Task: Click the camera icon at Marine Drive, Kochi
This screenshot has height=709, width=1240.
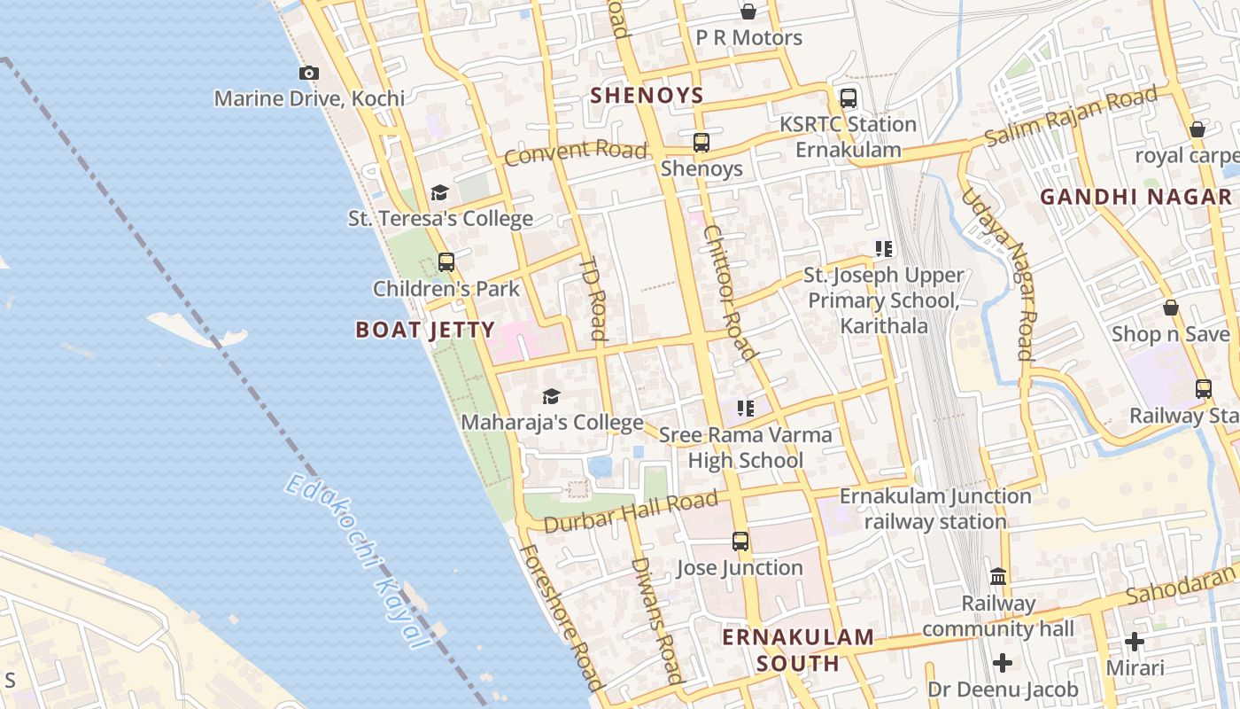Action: (x=308, y=74)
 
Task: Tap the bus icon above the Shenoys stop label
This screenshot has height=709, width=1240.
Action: (x=701, y=142)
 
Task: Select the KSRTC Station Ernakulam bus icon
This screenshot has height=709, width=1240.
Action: (x=848, y=98)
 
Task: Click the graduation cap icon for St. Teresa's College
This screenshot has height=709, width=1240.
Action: (x=439, y=193)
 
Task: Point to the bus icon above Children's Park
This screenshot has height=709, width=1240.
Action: (x=446, y=262)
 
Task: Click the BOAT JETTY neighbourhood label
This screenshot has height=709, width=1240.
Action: (x=425, y=331)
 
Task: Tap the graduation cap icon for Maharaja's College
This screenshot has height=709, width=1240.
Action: (x=551, y=396)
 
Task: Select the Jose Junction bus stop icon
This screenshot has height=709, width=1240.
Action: (x=740, y=541)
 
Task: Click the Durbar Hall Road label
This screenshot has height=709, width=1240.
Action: (x=630, y=513)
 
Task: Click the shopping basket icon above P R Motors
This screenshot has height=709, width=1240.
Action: (x=748, y=12)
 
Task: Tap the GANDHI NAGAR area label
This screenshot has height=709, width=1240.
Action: (x=1135, y=197)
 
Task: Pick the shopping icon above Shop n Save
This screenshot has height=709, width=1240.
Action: (x=1170, y=308)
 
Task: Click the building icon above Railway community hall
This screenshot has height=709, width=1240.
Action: (x=998, y=577)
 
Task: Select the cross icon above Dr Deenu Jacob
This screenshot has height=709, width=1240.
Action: (x=1002, y=663)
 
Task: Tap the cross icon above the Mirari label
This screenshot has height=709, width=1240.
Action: (x=1135, y=642)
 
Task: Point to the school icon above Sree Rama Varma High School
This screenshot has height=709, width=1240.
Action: (x=746, y=409)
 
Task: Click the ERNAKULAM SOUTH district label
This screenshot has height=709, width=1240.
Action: (x=798, y=650)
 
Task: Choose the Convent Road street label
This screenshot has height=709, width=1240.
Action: (x=576, y=152)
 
